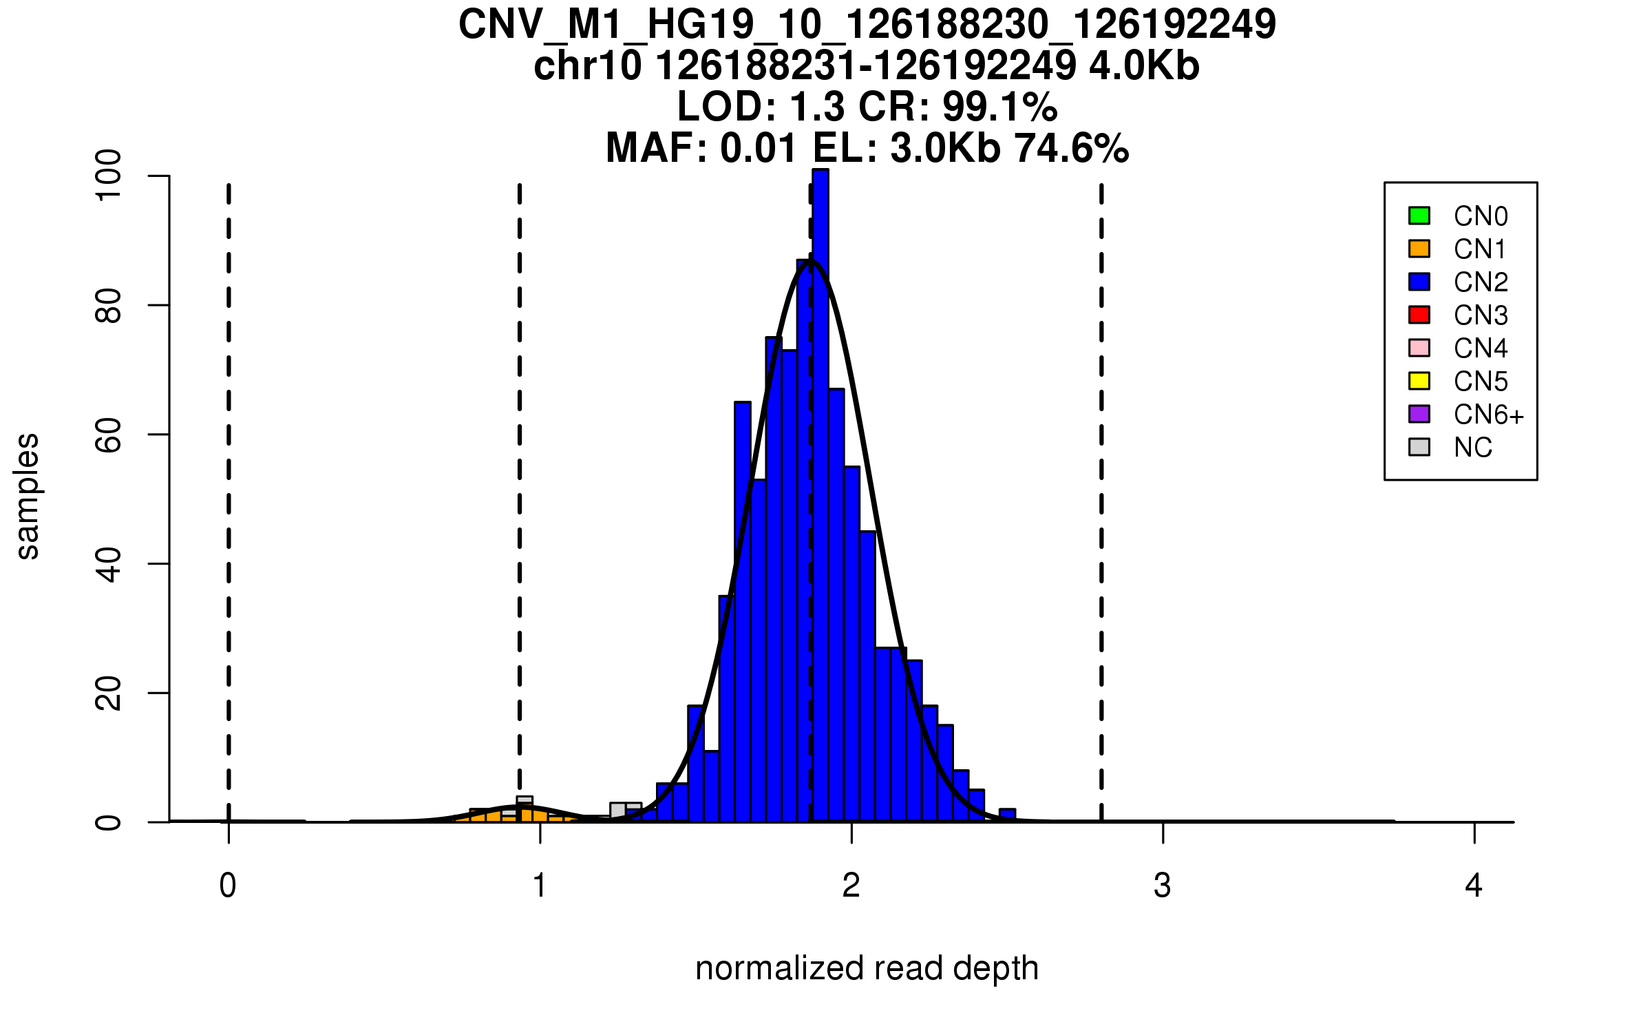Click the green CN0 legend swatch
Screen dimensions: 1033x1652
(x=1419, y=216)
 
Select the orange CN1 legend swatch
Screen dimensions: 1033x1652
(x=1419, y=249)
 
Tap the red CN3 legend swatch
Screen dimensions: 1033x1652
(x=1419, y=315)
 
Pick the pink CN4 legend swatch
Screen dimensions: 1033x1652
(x=1419, y=348)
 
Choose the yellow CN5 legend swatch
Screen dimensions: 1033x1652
(x=1419, y=381)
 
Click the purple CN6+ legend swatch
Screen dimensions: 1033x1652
(x=1419, y=414)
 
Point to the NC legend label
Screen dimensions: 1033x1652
(x=1472, y=448)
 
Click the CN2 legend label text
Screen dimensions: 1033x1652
(x=1480, y=282)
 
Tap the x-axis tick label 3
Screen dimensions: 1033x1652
(x=1163, y=886)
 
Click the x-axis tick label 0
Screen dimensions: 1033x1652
(x=228, y=886)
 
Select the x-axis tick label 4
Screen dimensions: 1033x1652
(x=1474, y=886)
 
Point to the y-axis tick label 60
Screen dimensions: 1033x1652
(x=109, y=435)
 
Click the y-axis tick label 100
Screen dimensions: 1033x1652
(x=109, y=176)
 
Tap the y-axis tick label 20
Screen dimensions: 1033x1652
(x=109, y=693)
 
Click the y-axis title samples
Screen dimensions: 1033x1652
(x=28, y=496)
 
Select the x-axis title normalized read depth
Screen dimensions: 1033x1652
(x=867, y=968)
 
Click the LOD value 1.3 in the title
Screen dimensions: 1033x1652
(x=818, y=107)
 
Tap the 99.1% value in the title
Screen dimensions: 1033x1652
(x=999, y=107)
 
